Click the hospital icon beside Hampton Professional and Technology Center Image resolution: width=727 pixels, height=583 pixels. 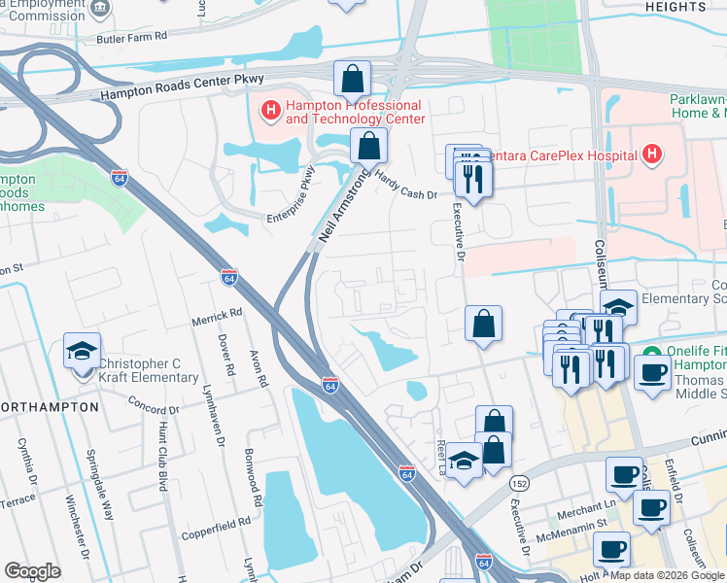(x=270, y=112)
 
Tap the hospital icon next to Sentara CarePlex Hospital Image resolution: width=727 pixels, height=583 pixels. (x=651, y=154)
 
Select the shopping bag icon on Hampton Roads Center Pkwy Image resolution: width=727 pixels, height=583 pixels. (x=352, y=79)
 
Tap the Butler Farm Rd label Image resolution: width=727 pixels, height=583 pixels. (x=132, y=36)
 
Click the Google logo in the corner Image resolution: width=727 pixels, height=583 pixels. (x=32, y=570)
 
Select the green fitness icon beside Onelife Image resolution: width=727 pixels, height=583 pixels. (x=651, y=352)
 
